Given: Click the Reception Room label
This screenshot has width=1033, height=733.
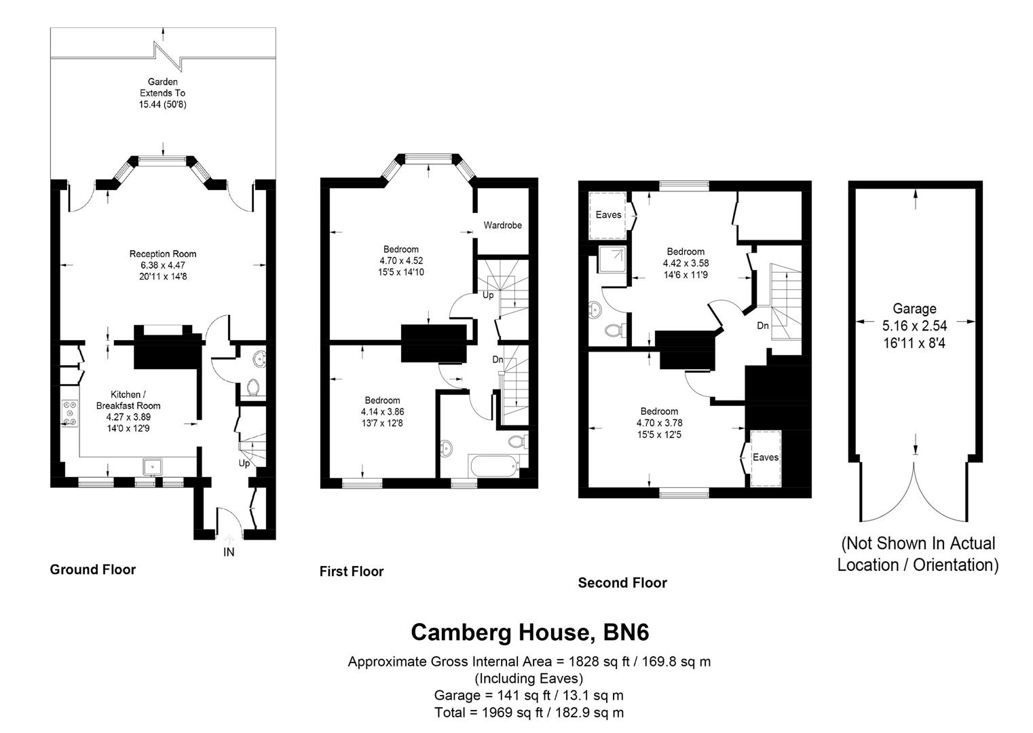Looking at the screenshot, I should (x=163, y=254).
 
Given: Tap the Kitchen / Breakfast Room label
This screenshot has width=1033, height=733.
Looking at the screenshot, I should (x=128, y=400).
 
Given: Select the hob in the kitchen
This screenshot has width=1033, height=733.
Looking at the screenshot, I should (x=69, y=413).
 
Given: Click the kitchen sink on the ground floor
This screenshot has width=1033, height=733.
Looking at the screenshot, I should (x=152, y=466).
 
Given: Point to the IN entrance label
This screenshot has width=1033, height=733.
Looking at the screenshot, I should (x=229, y=552).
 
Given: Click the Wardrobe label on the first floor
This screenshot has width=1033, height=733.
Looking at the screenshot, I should (x=502, y=225).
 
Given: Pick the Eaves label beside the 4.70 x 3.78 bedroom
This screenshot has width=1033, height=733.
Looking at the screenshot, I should (x=765, y=457).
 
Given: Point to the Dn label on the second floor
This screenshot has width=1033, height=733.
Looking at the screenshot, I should (x=763, y=326).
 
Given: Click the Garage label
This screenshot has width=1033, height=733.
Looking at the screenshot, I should (x=914, y=309).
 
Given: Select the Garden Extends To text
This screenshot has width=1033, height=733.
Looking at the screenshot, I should (x=162, y=93).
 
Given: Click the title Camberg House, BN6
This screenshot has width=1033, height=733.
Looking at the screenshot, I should (x=529, y=633).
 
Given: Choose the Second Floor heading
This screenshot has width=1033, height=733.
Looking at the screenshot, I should (x=622, y=582).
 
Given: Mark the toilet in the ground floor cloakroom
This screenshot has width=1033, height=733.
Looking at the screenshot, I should (x=253, y=388).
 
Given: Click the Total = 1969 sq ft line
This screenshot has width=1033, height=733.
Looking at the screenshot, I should (x=529, y=713).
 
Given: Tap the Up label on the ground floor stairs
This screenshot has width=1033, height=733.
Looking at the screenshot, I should (x=244, y=464).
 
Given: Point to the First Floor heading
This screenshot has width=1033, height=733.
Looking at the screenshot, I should (x=352, y=571).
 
